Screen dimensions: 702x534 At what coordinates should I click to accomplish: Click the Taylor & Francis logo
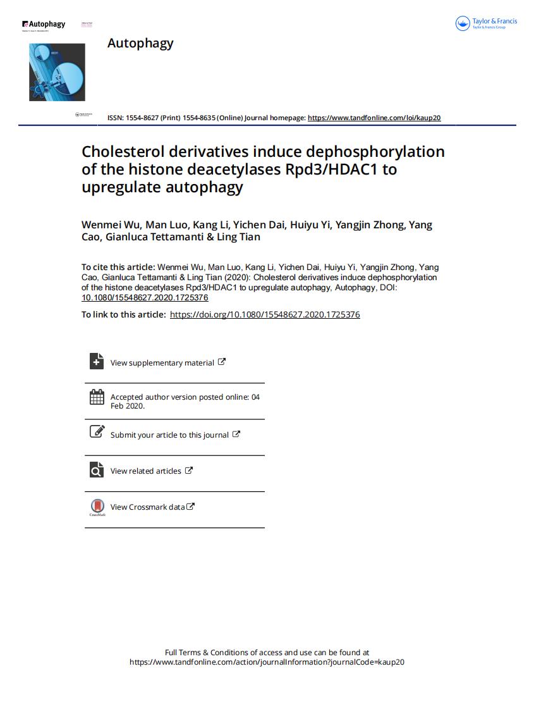486,24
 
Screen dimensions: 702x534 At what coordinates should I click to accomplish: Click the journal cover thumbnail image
57,71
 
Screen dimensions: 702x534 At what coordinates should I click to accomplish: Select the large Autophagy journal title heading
140,43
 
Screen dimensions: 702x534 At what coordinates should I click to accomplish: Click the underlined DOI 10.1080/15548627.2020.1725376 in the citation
145,297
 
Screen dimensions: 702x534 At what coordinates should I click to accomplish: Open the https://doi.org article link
265,314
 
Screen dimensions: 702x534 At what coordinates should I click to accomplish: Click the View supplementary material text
162,363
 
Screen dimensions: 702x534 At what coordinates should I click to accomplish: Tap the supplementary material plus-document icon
97,361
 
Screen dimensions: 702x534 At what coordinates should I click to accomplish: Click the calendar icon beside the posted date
97,397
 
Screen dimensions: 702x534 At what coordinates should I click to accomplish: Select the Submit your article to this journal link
169,435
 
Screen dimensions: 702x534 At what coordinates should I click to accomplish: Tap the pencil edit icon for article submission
97,432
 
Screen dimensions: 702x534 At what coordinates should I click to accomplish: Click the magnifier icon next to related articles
97,470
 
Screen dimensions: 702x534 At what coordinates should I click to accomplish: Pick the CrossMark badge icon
97,507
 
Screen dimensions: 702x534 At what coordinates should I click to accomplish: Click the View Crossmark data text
147,507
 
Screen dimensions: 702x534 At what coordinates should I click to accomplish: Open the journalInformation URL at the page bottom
267,662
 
